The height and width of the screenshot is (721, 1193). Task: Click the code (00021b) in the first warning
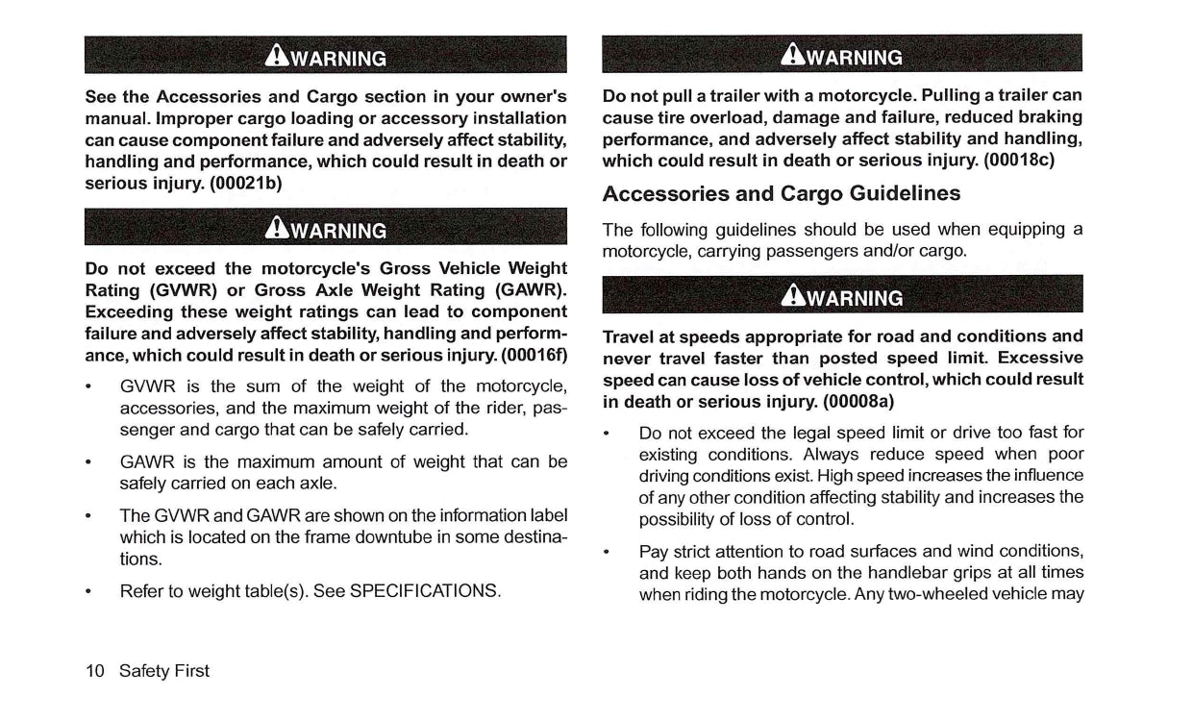click(244, 183)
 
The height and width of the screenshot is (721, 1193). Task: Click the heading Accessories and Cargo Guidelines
click(781, 193)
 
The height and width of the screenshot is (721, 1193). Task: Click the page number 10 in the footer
click(95, 671)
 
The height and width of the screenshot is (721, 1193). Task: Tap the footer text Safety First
click(164, 671)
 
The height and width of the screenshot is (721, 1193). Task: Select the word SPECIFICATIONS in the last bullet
click(425, 590)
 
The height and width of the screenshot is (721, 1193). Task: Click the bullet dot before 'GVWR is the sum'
click(88, 387)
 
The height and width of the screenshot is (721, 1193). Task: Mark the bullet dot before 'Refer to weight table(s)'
click(88, 590)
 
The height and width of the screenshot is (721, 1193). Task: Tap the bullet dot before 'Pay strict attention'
click(608, 552)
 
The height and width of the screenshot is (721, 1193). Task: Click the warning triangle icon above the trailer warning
click(797, 56)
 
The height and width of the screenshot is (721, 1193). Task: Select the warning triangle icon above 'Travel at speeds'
click(797, 296)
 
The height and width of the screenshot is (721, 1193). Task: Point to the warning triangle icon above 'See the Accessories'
click(280, 57)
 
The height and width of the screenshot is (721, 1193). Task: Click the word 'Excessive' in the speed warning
click(1041, 358)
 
